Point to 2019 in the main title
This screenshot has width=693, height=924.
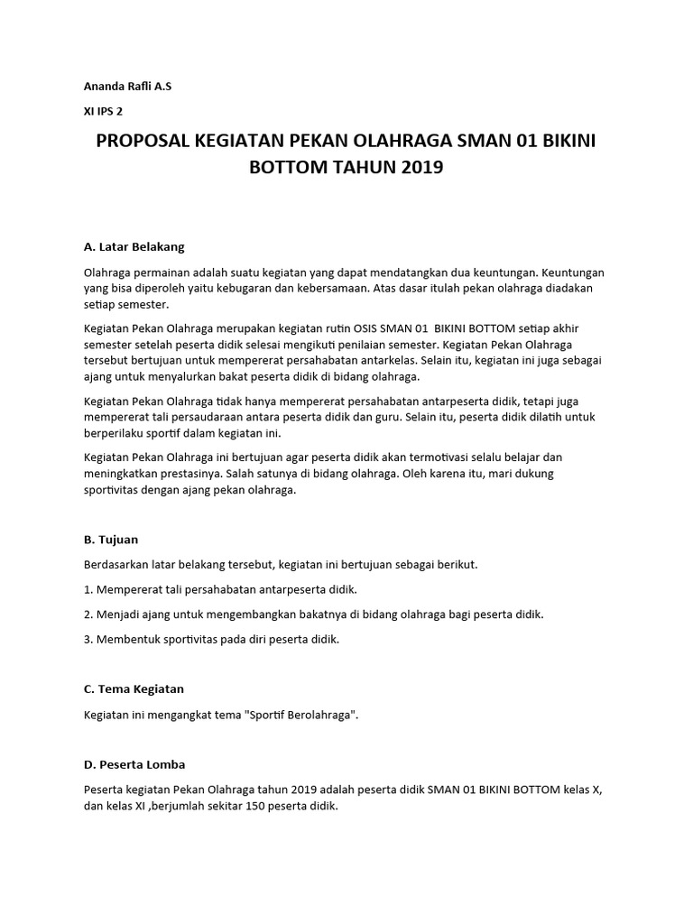point(419,168)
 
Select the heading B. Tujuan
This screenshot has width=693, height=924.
point(111,540)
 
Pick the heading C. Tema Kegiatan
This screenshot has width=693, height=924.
point(134,688)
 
